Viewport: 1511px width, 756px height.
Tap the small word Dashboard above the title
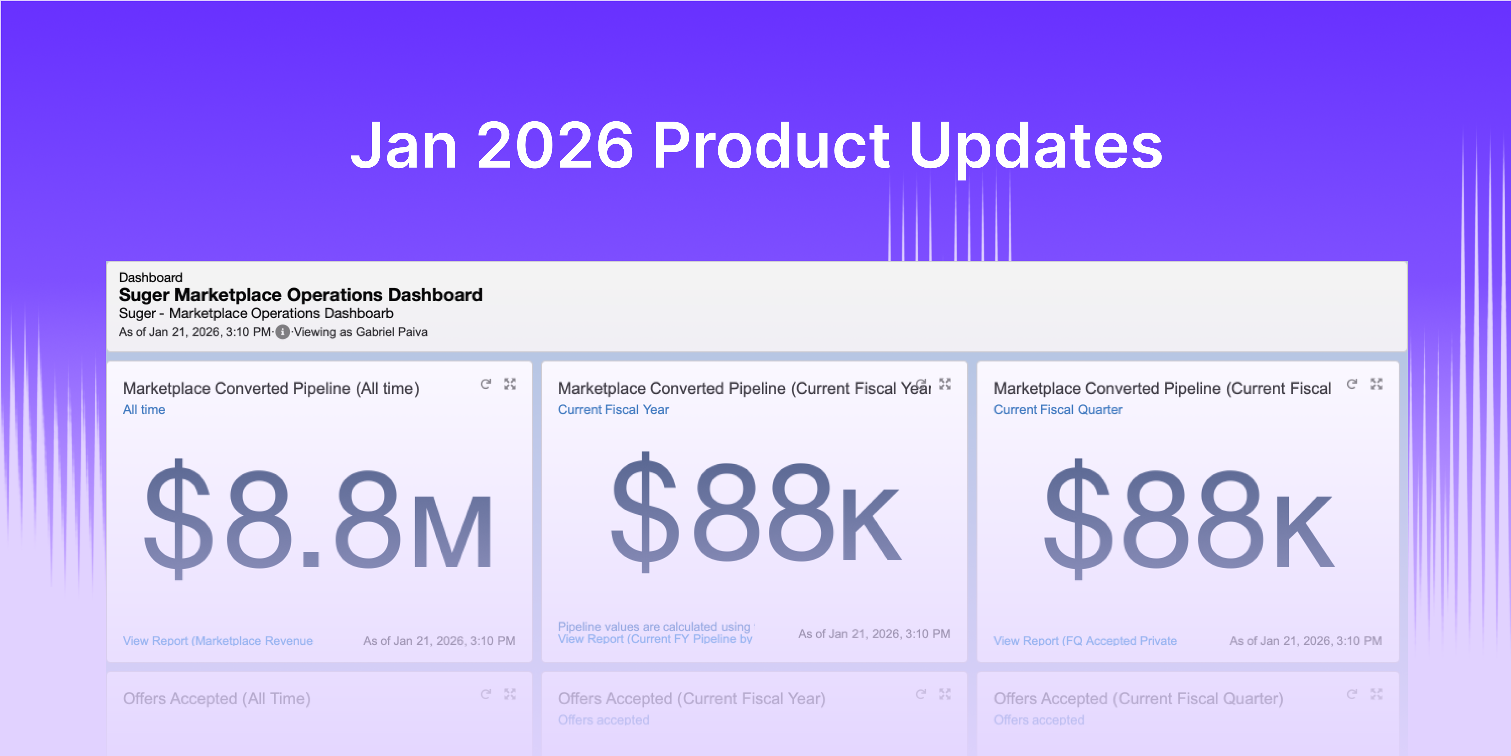(151, 277)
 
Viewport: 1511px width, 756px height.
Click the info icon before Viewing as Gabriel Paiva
(283, 332)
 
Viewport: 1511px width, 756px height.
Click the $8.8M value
(319, 519)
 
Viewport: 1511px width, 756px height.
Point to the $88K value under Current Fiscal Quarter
(1189, 519)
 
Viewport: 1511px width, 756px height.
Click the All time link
(144, 410)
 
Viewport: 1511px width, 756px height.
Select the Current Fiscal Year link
(613, 410)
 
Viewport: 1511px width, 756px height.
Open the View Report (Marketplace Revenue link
(218, 640)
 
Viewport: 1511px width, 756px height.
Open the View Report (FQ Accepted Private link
(1084, 640)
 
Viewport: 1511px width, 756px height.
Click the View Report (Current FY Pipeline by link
(655, 639)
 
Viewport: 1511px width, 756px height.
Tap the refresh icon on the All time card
(485, 384)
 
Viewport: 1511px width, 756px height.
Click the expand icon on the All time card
(510, 384)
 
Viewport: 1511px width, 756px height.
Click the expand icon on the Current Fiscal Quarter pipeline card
(1376, 384)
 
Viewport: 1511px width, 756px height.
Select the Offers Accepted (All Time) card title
(217, 698)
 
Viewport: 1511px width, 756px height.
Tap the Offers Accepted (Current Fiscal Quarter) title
(1138, 698)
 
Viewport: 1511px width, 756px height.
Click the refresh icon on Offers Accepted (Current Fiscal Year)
(920, 695)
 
